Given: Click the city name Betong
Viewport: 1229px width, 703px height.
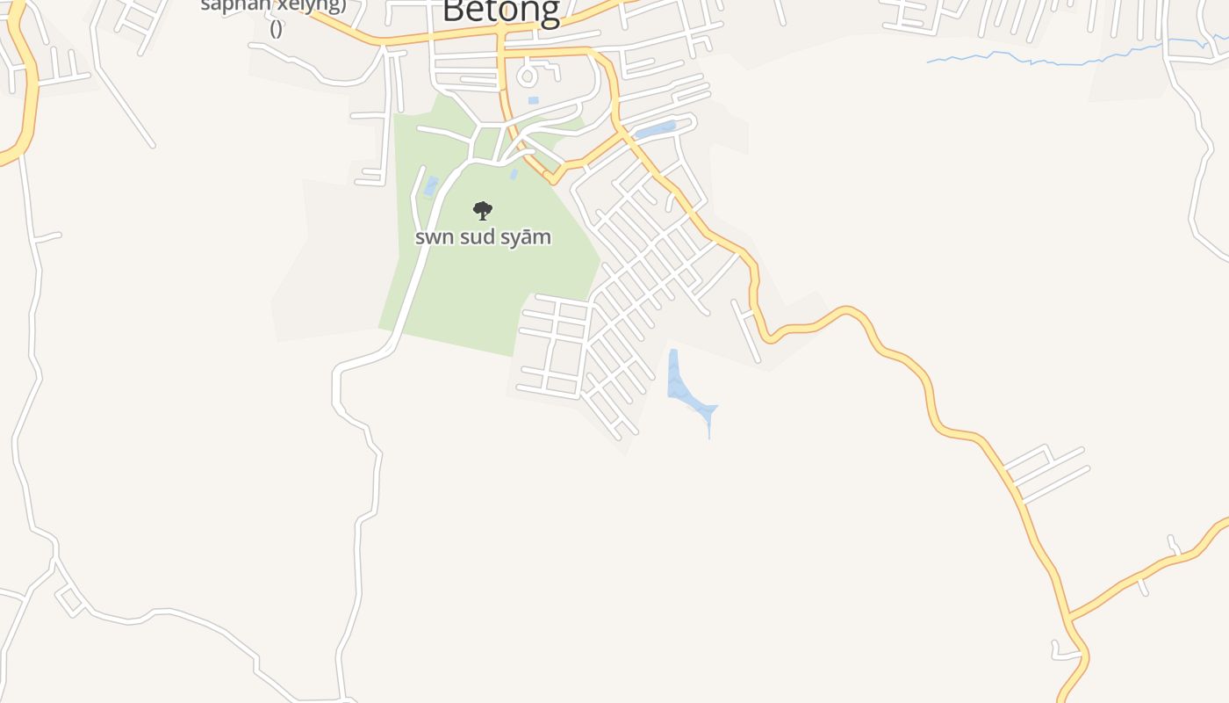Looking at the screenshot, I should pyautogui.click(x=500, y=11).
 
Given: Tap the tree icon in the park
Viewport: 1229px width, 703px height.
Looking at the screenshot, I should pyautogui.click(x=482, y=211).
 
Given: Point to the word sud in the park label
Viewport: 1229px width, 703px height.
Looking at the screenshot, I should pyautogui.click(x=478, y=237).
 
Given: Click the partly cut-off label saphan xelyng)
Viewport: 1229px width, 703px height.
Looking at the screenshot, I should pyautogui.click(x=274, y=5).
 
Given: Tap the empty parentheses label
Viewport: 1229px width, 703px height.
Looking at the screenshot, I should pyautogui.click(x=276, y=28).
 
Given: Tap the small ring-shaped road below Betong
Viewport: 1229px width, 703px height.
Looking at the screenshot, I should pyautogui.click(x=527, y=76).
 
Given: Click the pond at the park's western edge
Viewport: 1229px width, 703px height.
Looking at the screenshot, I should pyautogui.click(x=430, y=186).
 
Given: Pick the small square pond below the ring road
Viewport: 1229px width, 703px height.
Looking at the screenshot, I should pyautogui.click(x=533, y=101).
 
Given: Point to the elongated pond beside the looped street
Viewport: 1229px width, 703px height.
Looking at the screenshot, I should pyautogui.click(x=654, y=132).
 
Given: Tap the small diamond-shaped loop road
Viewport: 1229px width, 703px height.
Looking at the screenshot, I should pyautogui.click(x=70, y=600).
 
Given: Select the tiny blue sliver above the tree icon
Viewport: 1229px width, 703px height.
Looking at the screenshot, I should pyautogui.click(x=514, y=175).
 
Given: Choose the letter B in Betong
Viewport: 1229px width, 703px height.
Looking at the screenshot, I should pyautogui.click(x=454, y=11).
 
